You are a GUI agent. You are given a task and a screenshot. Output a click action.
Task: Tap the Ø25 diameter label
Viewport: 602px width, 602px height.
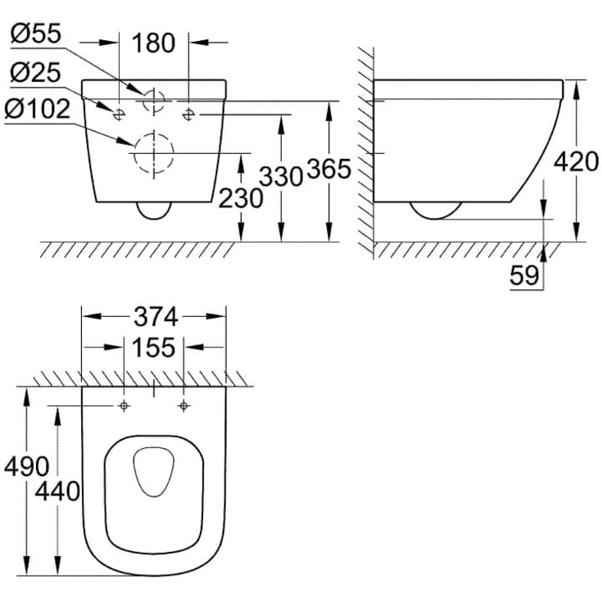pos(34,74)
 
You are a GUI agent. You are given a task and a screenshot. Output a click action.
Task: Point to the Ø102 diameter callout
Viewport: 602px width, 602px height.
pos(42,109)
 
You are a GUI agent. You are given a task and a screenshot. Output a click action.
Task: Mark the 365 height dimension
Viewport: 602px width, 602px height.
pos(328,170)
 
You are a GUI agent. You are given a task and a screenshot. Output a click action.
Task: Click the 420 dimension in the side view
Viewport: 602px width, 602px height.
pos(576,161)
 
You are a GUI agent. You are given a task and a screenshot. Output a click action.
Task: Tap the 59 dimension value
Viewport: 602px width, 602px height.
pos(524,275)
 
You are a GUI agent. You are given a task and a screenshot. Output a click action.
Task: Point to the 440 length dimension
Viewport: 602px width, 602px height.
pos(58,491)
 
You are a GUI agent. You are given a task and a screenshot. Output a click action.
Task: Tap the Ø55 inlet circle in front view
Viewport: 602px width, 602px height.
pos(153,101)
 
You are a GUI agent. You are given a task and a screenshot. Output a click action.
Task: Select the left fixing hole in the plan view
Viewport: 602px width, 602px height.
pos(124,406)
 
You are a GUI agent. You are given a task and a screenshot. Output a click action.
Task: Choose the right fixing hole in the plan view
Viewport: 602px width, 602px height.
pos(183,406)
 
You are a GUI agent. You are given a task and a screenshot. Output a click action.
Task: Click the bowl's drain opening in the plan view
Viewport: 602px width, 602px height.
pos(153,472)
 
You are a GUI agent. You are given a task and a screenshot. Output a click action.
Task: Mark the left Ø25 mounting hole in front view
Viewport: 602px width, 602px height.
pos(119,113)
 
